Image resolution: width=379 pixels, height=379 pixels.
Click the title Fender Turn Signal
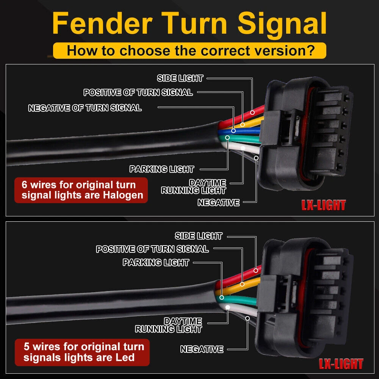coord(189,23)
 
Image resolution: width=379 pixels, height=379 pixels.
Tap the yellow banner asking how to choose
coord(189,50)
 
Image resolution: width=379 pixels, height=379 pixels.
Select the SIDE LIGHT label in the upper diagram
coord(180,78)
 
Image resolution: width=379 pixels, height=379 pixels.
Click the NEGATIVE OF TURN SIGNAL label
coord(85,108)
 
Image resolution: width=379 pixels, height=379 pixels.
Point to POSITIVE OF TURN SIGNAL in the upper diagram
coord(138,92)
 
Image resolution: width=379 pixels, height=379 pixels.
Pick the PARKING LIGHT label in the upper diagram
coord(161,169)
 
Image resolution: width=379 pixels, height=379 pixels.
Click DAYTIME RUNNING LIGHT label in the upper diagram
coord(194,186)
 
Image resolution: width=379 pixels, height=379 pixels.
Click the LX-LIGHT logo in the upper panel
coord(324,205)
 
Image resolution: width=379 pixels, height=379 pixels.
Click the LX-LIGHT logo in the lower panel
coord(341,364)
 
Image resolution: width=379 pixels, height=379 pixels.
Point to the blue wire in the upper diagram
coord(243,131)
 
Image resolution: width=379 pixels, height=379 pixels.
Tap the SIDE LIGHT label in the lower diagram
coord(199,236)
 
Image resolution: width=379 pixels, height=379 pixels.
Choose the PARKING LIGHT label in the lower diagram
coord(156,262)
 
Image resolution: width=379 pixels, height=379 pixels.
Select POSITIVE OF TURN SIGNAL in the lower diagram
coord(152,249)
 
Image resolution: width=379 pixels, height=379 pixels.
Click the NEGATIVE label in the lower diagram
coord(202,349)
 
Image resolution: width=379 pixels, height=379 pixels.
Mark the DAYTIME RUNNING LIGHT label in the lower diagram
coord(169,325)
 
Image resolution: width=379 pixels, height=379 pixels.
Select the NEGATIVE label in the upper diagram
coord(219,203)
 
